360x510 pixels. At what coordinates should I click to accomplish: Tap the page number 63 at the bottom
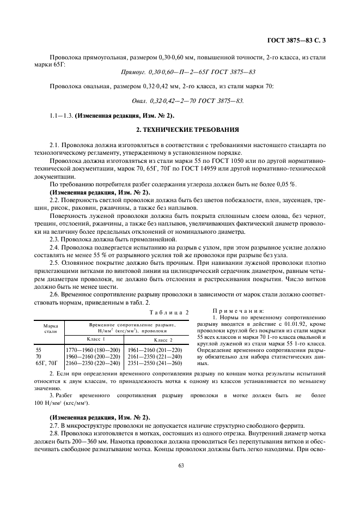[179, 465]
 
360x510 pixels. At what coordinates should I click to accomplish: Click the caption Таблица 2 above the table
[170, 312]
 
